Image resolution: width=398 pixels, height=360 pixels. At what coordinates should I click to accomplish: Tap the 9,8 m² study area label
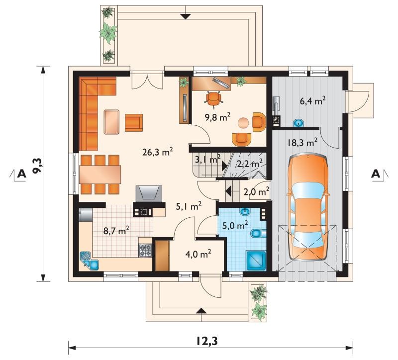[x=217, y=117]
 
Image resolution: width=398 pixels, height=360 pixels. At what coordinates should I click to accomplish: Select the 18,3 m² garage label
[x=302, y=142]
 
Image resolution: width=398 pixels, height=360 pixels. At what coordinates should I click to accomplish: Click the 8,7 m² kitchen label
[x=116, y=231]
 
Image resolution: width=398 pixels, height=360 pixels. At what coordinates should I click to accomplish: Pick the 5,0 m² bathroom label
[x=235, y=225]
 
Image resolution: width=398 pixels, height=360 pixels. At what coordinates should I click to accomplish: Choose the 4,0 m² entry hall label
[x=198, y=254]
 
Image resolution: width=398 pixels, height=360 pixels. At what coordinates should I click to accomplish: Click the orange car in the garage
[x=308, y=207]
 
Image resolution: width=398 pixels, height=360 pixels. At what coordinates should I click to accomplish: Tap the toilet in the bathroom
[x=258, y=233]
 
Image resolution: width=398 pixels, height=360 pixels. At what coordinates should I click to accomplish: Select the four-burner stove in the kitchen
[x=145, y=250]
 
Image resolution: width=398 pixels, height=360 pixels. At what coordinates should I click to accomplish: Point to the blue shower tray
[x=256, y=261]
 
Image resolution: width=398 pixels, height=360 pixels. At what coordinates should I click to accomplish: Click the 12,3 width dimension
[x=207, y=341]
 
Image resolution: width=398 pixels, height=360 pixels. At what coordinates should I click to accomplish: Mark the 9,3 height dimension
[x=38, y=165]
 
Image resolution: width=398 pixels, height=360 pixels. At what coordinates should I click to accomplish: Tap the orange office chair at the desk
[x=213, y=98]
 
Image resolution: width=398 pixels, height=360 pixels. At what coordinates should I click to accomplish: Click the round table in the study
[x=243, y=123]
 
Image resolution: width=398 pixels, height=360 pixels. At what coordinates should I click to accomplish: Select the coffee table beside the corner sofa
[x=111, y=122]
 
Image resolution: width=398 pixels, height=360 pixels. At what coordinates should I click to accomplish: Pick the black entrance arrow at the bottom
[x=201, y=311]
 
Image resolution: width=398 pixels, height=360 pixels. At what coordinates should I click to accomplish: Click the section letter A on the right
[x=376, y=174]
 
